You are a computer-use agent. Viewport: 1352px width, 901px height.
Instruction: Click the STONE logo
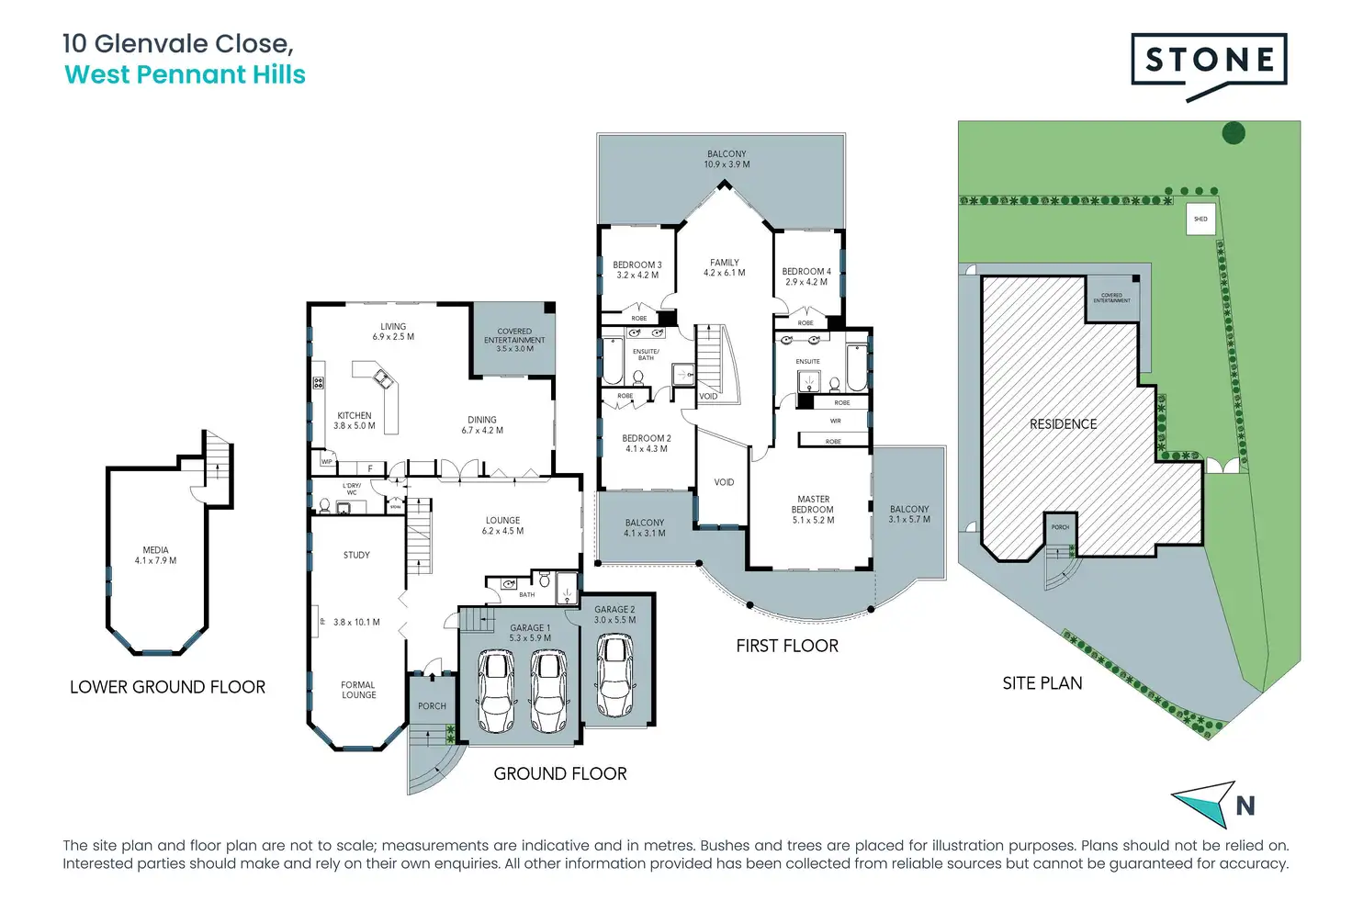coord(1209,62)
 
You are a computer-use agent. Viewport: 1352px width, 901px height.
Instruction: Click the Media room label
coord(155,550)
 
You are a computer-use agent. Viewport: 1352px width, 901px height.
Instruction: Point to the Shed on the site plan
coord(1200,220)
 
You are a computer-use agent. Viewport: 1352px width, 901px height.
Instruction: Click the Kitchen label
coord(355,416)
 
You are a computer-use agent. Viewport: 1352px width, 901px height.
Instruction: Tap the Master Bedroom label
coord(813,504)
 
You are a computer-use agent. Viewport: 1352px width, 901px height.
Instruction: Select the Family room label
coord(725,263)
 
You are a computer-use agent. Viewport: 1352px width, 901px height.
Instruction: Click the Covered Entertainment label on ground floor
coord(514,335)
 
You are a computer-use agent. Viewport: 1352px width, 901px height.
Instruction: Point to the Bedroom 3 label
coord(637,265)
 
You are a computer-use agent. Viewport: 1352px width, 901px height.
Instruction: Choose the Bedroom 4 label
coord(806,272)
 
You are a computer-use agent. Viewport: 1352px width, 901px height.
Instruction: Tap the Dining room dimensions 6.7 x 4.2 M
coord(482,431)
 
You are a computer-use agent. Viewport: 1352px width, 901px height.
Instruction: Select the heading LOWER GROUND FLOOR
coord(167,687)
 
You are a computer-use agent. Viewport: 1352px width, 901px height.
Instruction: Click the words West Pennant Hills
coord(185,75)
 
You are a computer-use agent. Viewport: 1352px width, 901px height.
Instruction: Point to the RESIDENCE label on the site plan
coord(1063,424)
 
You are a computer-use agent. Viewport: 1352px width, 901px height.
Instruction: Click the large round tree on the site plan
coord(1234,133)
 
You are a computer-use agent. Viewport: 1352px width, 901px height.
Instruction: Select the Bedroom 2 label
coord(647,439)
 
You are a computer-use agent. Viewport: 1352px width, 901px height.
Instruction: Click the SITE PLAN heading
coord(1042,683)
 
